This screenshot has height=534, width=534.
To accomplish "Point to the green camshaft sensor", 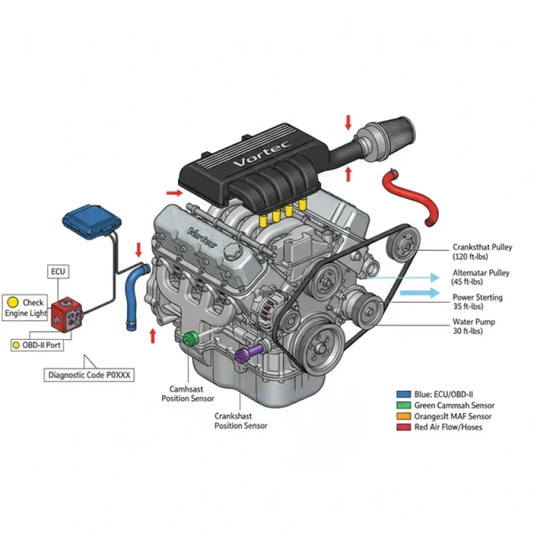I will (189, 339).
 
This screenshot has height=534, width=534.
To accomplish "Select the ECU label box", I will (58, 271).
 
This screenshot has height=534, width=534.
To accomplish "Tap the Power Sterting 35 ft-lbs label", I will (477, 302).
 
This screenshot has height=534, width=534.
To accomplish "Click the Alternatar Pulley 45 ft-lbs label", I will (480, 277).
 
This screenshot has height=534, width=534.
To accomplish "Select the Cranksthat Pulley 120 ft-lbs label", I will (482, 252).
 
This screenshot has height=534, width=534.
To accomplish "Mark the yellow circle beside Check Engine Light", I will (13, 302).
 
